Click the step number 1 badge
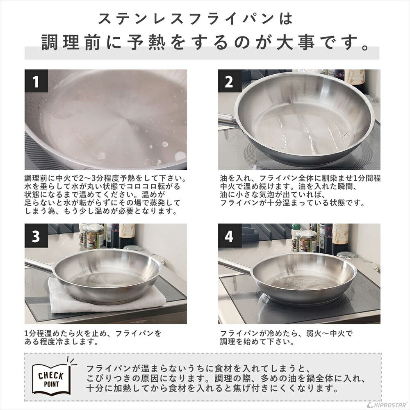(36, 82)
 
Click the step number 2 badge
(229, 82)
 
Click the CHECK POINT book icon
(51, 376)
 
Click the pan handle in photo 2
(227, 119)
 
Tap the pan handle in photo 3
(39, 264)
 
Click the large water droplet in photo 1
(180, 156)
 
